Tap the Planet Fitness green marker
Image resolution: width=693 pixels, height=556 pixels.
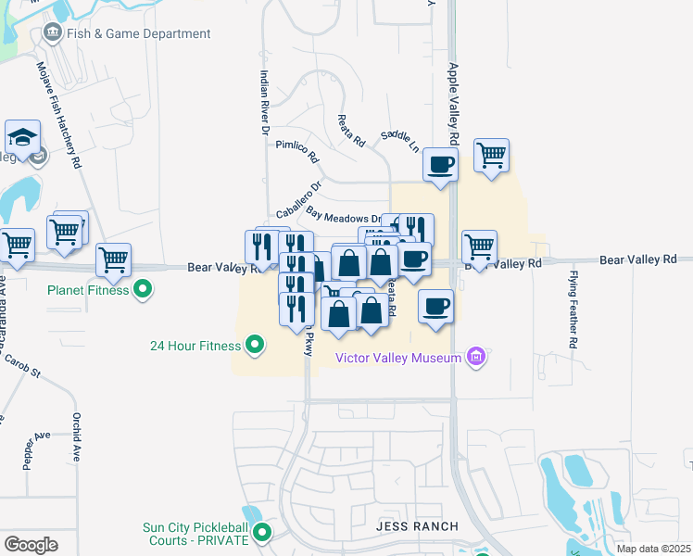point(143,289)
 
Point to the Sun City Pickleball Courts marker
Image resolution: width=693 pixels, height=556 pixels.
point(263,533)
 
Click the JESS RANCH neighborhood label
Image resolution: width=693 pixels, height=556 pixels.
point(417,526)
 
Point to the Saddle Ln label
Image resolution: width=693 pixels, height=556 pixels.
point(400,141)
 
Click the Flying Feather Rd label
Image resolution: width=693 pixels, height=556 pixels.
point(574,310)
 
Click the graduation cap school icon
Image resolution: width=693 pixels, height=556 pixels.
point(22,139)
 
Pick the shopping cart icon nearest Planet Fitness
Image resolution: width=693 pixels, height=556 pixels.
point(113,260)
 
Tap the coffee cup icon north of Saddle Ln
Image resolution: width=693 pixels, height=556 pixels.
point(440,165)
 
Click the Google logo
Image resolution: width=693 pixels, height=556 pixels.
point(31,545)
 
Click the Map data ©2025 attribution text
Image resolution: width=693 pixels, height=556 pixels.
point(653,549)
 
